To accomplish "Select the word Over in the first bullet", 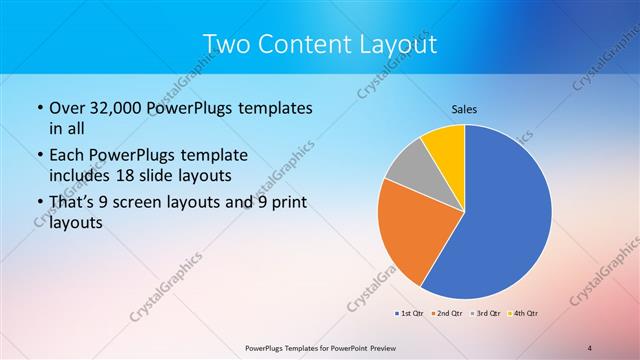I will coord(65,108).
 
